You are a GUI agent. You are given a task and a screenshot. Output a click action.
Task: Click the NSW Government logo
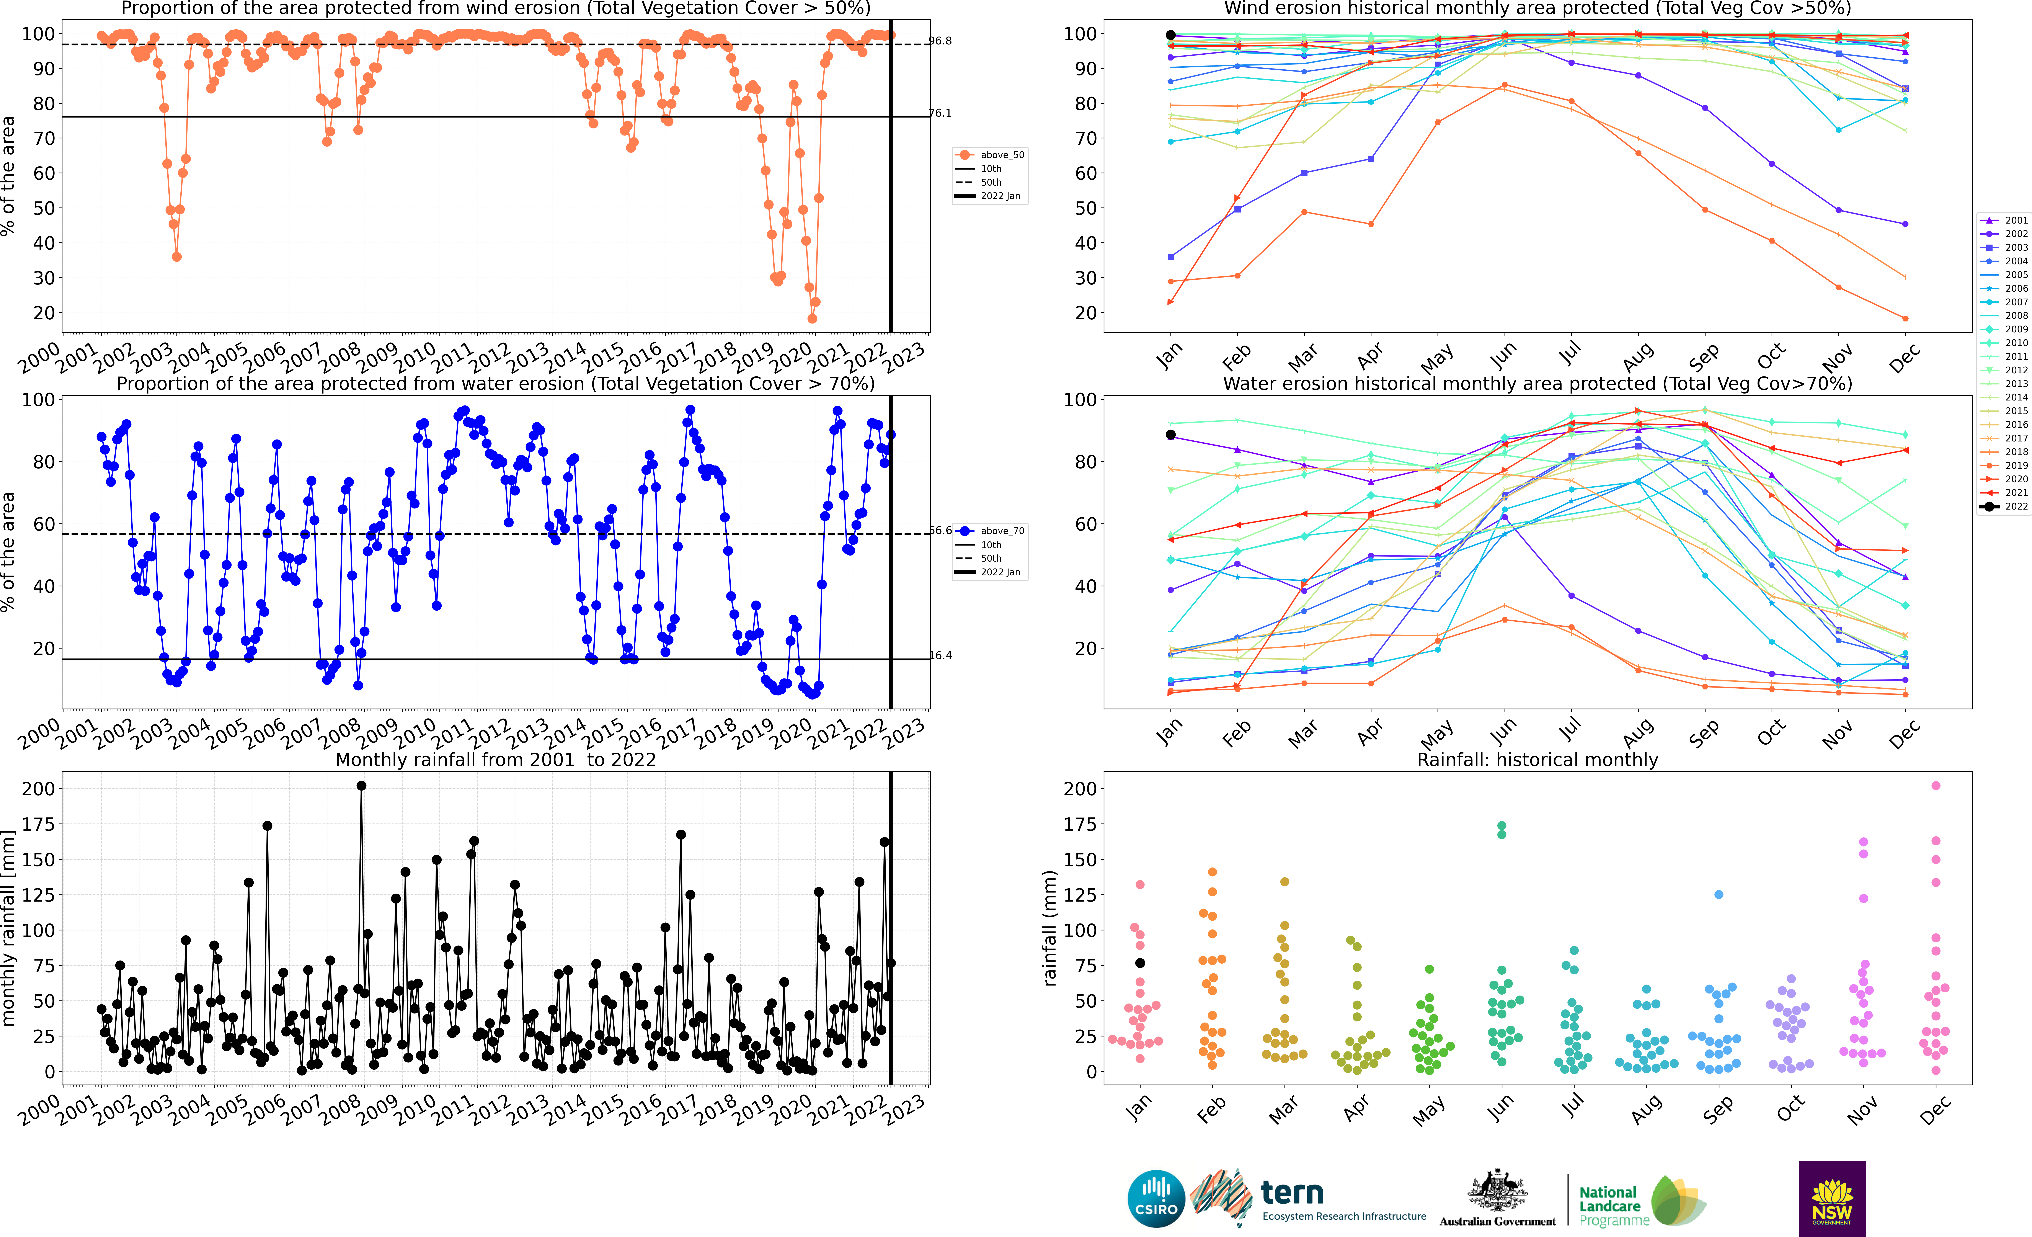tap(1832, 1198)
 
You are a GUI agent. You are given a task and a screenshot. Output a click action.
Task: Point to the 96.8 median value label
tap(940, 40)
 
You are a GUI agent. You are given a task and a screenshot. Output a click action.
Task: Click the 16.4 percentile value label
tap(940, 656)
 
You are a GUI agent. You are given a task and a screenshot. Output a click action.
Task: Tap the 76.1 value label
tap(940, 113)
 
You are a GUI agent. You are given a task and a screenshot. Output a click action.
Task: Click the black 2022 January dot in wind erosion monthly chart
tap(1170, 35)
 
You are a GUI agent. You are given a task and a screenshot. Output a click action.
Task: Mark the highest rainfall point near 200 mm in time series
tap(361, 786)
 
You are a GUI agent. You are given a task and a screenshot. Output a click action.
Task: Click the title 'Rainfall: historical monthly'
tap(1537, 760)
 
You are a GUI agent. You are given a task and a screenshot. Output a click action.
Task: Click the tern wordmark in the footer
tap(1292, 1193)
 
